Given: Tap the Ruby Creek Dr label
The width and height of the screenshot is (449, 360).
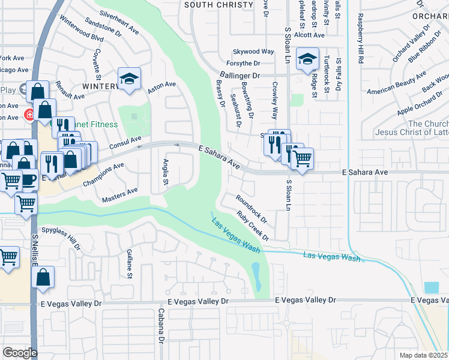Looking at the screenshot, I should coord(253,226).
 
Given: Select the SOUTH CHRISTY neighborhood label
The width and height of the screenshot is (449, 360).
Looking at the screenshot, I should coord(218,5).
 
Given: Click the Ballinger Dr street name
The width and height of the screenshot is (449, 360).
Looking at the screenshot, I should coord(238,76).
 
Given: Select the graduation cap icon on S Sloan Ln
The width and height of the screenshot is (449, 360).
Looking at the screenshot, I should coord(307,59).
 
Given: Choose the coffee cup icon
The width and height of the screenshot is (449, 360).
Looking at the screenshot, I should coord(28,179).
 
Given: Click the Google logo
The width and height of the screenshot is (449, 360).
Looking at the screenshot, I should coord(20,352).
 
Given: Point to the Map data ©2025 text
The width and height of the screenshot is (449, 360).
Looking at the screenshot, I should coord(423,355).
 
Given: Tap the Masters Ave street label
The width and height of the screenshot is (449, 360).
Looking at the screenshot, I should coord(120,194).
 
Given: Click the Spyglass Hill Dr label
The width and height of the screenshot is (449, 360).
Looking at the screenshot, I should coord(60,239).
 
